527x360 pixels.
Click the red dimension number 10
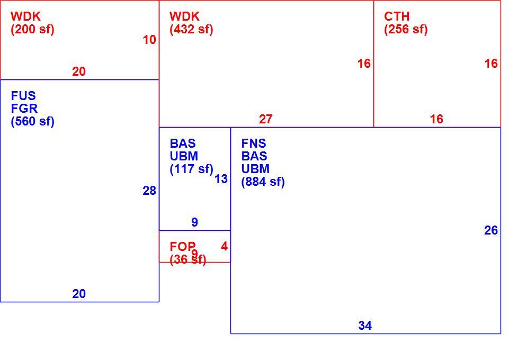(x=149, y=40)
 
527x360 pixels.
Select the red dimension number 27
(x=265, y=119)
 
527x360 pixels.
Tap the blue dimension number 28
(x=149, y=191)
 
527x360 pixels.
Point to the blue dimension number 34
(x=365, y=326)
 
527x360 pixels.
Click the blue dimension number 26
(x=491, y=230)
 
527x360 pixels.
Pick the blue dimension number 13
(x=221, y=179)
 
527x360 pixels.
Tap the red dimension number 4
(x=224, y=247)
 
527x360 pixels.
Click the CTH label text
(x=397, y=16)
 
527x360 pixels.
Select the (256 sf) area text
(x=406, y=29)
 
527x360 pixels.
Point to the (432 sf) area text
(x=191, y=29)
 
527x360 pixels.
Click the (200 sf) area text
(x=33, y=29)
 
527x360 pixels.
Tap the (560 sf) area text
(x=33, y=121)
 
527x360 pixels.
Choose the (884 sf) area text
(x=263, y=182)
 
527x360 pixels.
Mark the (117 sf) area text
(x=192, y=169)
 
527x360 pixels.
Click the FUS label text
(x=23, y=96)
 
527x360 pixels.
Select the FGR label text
(x=24, y=109)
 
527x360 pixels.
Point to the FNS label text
(x=254, y=143)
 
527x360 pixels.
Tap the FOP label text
(x=183, y=247)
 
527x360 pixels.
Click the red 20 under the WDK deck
(x=79, y=71)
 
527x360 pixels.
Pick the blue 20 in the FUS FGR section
(x=79, y=294)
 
